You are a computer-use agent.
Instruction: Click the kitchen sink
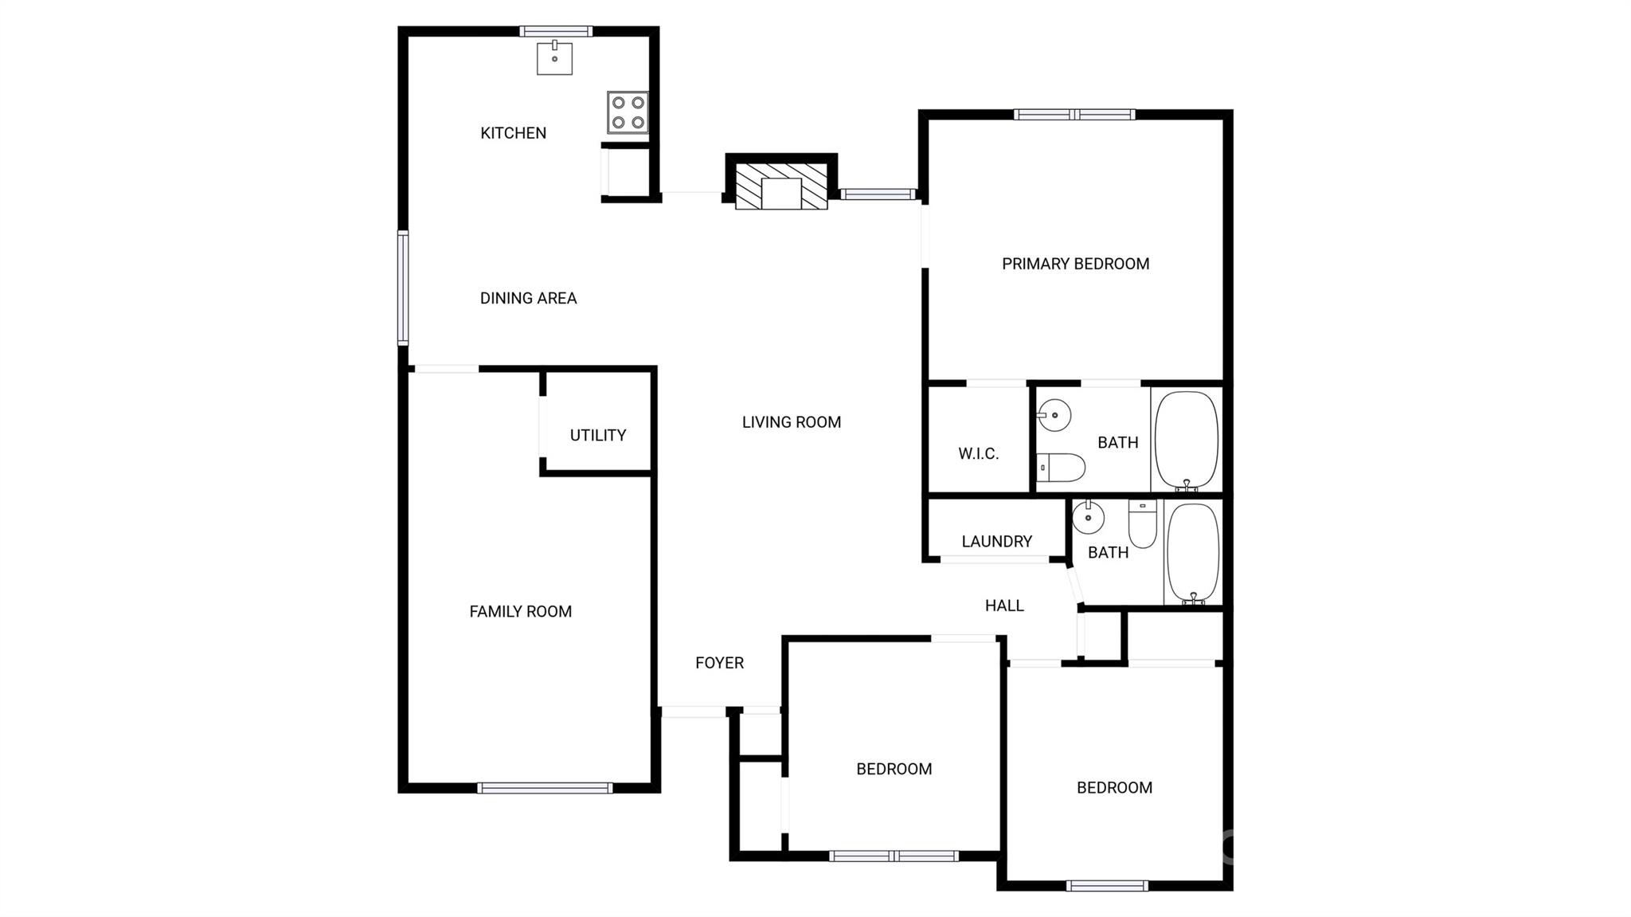554,58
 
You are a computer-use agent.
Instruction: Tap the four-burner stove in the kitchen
628,112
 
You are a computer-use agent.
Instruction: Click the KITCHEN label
513,133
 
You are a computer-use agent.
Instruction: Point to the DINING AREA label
528,298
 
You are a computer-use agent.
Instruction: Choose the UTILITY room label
598,435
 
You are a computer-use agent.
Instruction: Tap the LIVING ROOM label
792,422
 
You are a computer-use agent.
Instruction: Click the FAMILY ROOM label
520,611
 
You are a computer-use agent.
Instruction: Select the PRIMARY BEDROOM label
1075,264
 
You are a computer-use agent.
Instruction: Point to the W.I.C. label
978,453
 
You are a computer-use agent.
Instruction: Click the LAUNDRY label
996,542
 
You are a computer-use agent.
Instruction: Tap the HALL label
1004,605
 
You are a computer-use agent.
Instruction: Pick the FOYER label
719,663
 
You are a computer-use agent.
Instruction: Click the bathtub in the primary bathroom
1187,441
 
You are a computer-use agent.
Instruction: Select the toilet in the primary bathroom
1061,468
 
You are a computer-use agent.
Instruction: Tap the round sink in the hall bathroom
1088,518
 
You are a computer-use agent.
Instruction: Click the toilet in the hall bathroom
1142,524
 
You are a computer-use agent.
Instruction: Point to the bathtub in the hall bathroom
1193,554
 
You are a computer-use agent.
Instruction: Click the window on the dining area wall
403,288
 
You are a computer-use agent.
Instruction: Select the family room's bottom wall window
545,788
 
